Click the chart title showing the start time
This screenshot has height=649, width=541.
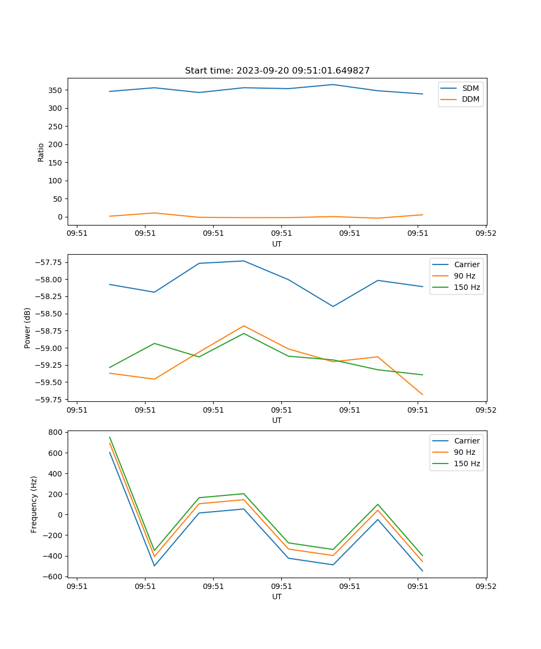click(277, 71)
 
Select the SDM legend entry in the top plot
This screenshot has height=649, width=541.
click(470, 88)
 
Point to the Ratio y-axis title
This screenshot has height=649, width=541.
click(41, 153)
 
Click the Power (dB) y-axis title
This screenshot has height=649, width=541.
click(28, 328)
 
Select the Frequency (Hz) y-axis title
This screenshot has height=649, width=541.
click(34, 504)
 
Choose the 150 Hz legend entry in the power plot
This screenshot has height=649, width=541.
click(467, 288)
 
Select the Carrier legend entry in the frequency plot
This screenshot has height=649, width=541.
click(467, 441)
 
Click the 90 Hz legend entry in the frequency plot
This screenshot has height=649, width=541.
click(465, 452)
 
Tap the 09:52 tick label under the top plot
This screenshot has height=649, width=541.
click(485, 234)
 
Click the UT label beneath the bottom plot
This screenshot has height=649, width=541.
click(277, 597)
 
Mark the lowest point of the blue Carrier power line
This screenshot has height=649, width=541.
click(333, 307)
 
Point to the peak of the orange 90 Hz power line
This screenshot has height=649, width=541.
click(243, 326)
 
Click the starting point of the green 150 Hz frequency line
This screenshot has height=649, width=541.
click(110, 438)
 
